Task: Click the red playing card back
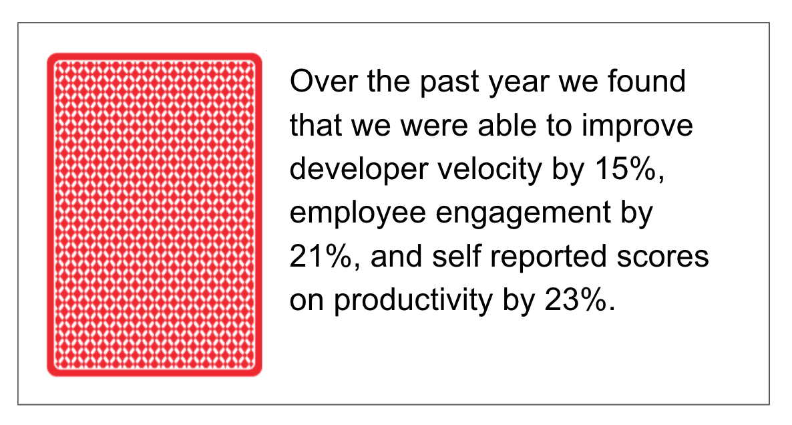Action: (x=154, y=215)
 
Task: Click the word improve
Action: (x=637, y=126)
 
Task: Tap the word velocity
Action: (x=489, y=170)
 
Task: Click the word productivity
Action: (x=413, y=301)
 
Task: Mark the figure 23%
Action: (x=580, y=300)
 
